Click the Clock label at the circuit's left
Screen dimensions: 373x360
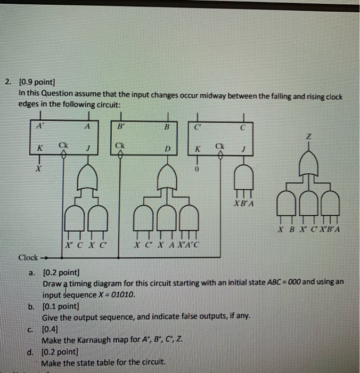click(x=27, y=257)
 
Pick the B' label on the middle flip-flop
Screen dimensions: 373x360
click(x=120, y=126)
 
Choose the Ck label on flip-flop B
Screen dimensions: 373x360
click(x=119, y=144)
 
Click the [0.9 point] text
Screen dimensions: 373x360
click(x=36, y=82)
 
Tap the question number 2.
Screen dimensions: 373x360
click(x=7, y=82)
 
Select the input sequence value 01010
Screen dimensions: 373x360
click(x=121, y=294)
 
